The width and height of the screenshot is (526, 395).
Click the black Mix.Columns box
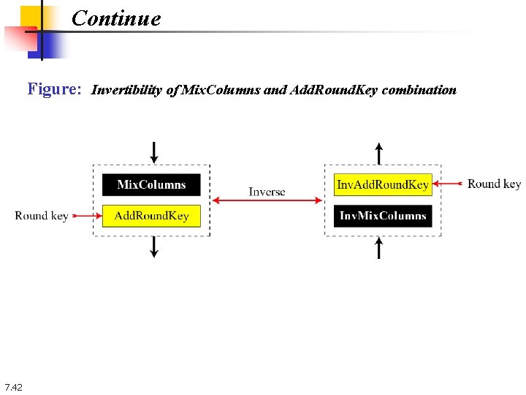(151, 184)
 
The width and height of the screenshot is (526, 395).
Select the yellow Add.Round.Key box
(151, 216)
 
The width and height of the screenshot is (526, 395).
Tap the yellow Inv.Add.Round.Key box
(382, 184)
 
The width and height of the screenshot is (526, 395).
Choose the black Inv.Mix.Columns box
(382, 216)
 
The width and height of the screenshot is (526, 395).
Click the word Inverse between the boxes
(267, 192)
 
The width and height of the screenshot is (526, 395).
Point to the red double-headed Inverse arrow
(267, 200)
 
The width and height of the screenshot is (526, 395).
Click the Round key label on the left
(41, 215)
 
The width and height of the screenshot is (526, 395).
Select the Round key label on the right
(494, 184)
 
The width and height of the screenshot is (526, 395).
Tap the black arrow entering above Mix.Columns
(153, 153)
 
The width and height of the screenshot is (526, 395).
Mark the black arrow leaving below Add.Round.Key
(153, 247)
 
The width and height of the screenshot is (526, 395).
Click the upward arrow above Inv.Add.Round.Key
(378, 154)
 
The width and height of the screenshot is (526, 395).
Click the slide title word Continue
(116, 18)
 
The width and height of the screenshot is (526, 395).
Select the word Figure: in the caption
(54, 89)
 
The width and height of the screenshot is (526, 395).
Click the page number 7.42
(13, 387)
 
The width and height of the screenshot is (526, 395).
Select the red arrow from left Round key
(85, 216)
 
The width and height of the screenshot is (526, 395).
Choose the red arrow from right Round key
(447, 184)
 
